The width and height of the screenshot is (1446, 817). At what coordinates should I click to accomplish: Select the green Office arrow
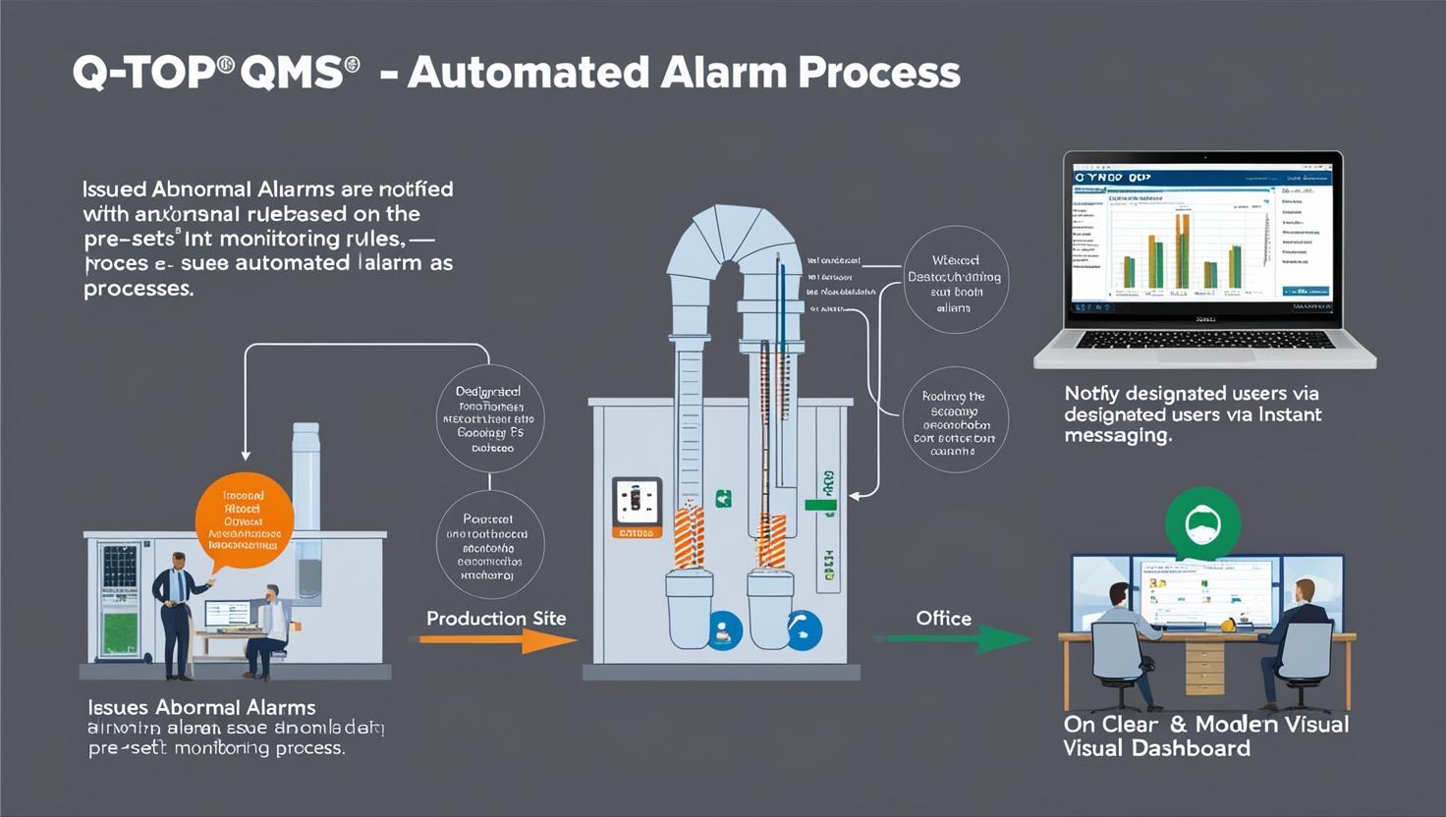point(953,639)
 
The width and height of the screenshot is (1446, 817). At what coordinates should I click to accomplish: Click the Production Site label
point(496,619)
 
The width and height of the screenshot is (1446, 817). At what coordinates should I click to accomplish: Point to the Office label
point(943,619)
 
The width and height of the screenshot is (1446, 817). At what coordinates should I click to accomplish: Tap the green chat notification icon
point(1202,525)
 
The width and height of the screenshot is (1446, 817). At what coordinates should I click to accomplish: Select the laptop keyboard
point(1205,340)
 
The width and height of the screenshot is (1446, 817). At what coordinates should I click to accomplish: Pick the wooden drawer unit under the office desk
point(1204,668)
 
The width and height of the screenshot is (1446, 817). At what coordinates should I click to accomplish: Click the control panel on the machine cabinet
point(636,505)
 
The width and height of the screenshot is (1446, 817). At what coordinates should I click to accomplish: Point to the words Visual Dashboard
point(1156,748)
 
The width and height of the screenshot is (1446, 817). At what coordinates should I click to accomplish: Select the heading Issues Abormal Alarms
point(201,707)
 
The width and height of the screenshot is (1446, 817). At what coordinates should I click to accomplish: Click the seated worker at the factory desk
point(268,628)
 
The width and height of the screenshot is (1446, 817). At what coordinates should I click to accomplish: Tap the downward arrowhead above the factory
point(246,454)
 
